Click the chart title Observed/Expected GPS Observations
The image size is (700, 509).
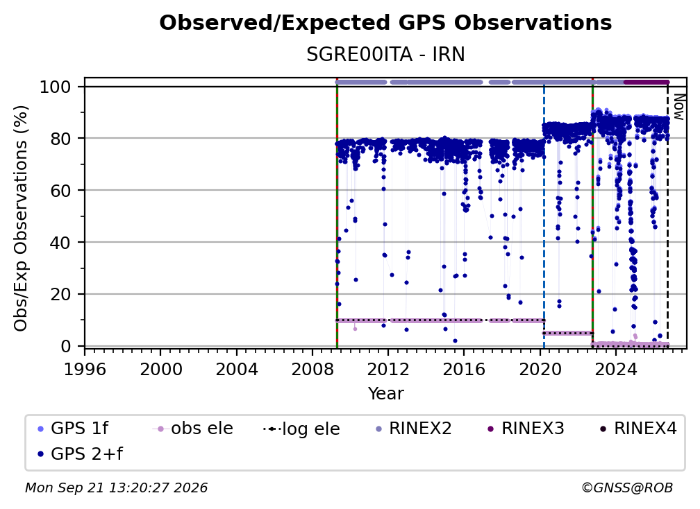385,23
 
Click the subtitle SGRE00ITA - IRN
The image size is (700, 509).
385,55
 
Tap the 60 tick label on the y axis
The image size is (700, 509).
60,191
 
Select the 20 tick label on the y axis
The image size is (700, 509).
60,295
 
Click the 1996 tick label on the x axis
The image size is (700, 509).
85,370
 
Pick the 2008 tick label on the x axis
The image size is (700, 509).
312,370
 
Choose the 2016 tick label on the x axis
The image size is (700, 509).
464,370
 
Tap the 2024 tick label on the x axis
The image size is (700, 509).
615,370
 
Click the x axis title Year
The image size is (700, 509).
385,394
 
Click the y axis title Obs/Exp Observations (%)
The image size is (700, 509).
21,218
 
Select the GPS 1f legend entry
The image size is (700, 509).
73,429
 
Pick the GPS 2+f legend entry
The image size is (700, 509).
80,454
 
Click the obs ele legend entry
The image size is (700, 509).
193,429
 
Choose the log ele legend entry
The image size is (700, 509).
302,429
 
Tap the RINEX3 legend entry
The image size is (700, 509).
525,429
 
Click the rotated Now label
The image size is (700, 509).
678,107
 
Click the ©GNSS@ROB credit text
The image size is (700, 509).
627,488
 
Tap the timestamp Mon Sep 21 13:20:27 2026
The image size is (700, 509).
116,488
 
